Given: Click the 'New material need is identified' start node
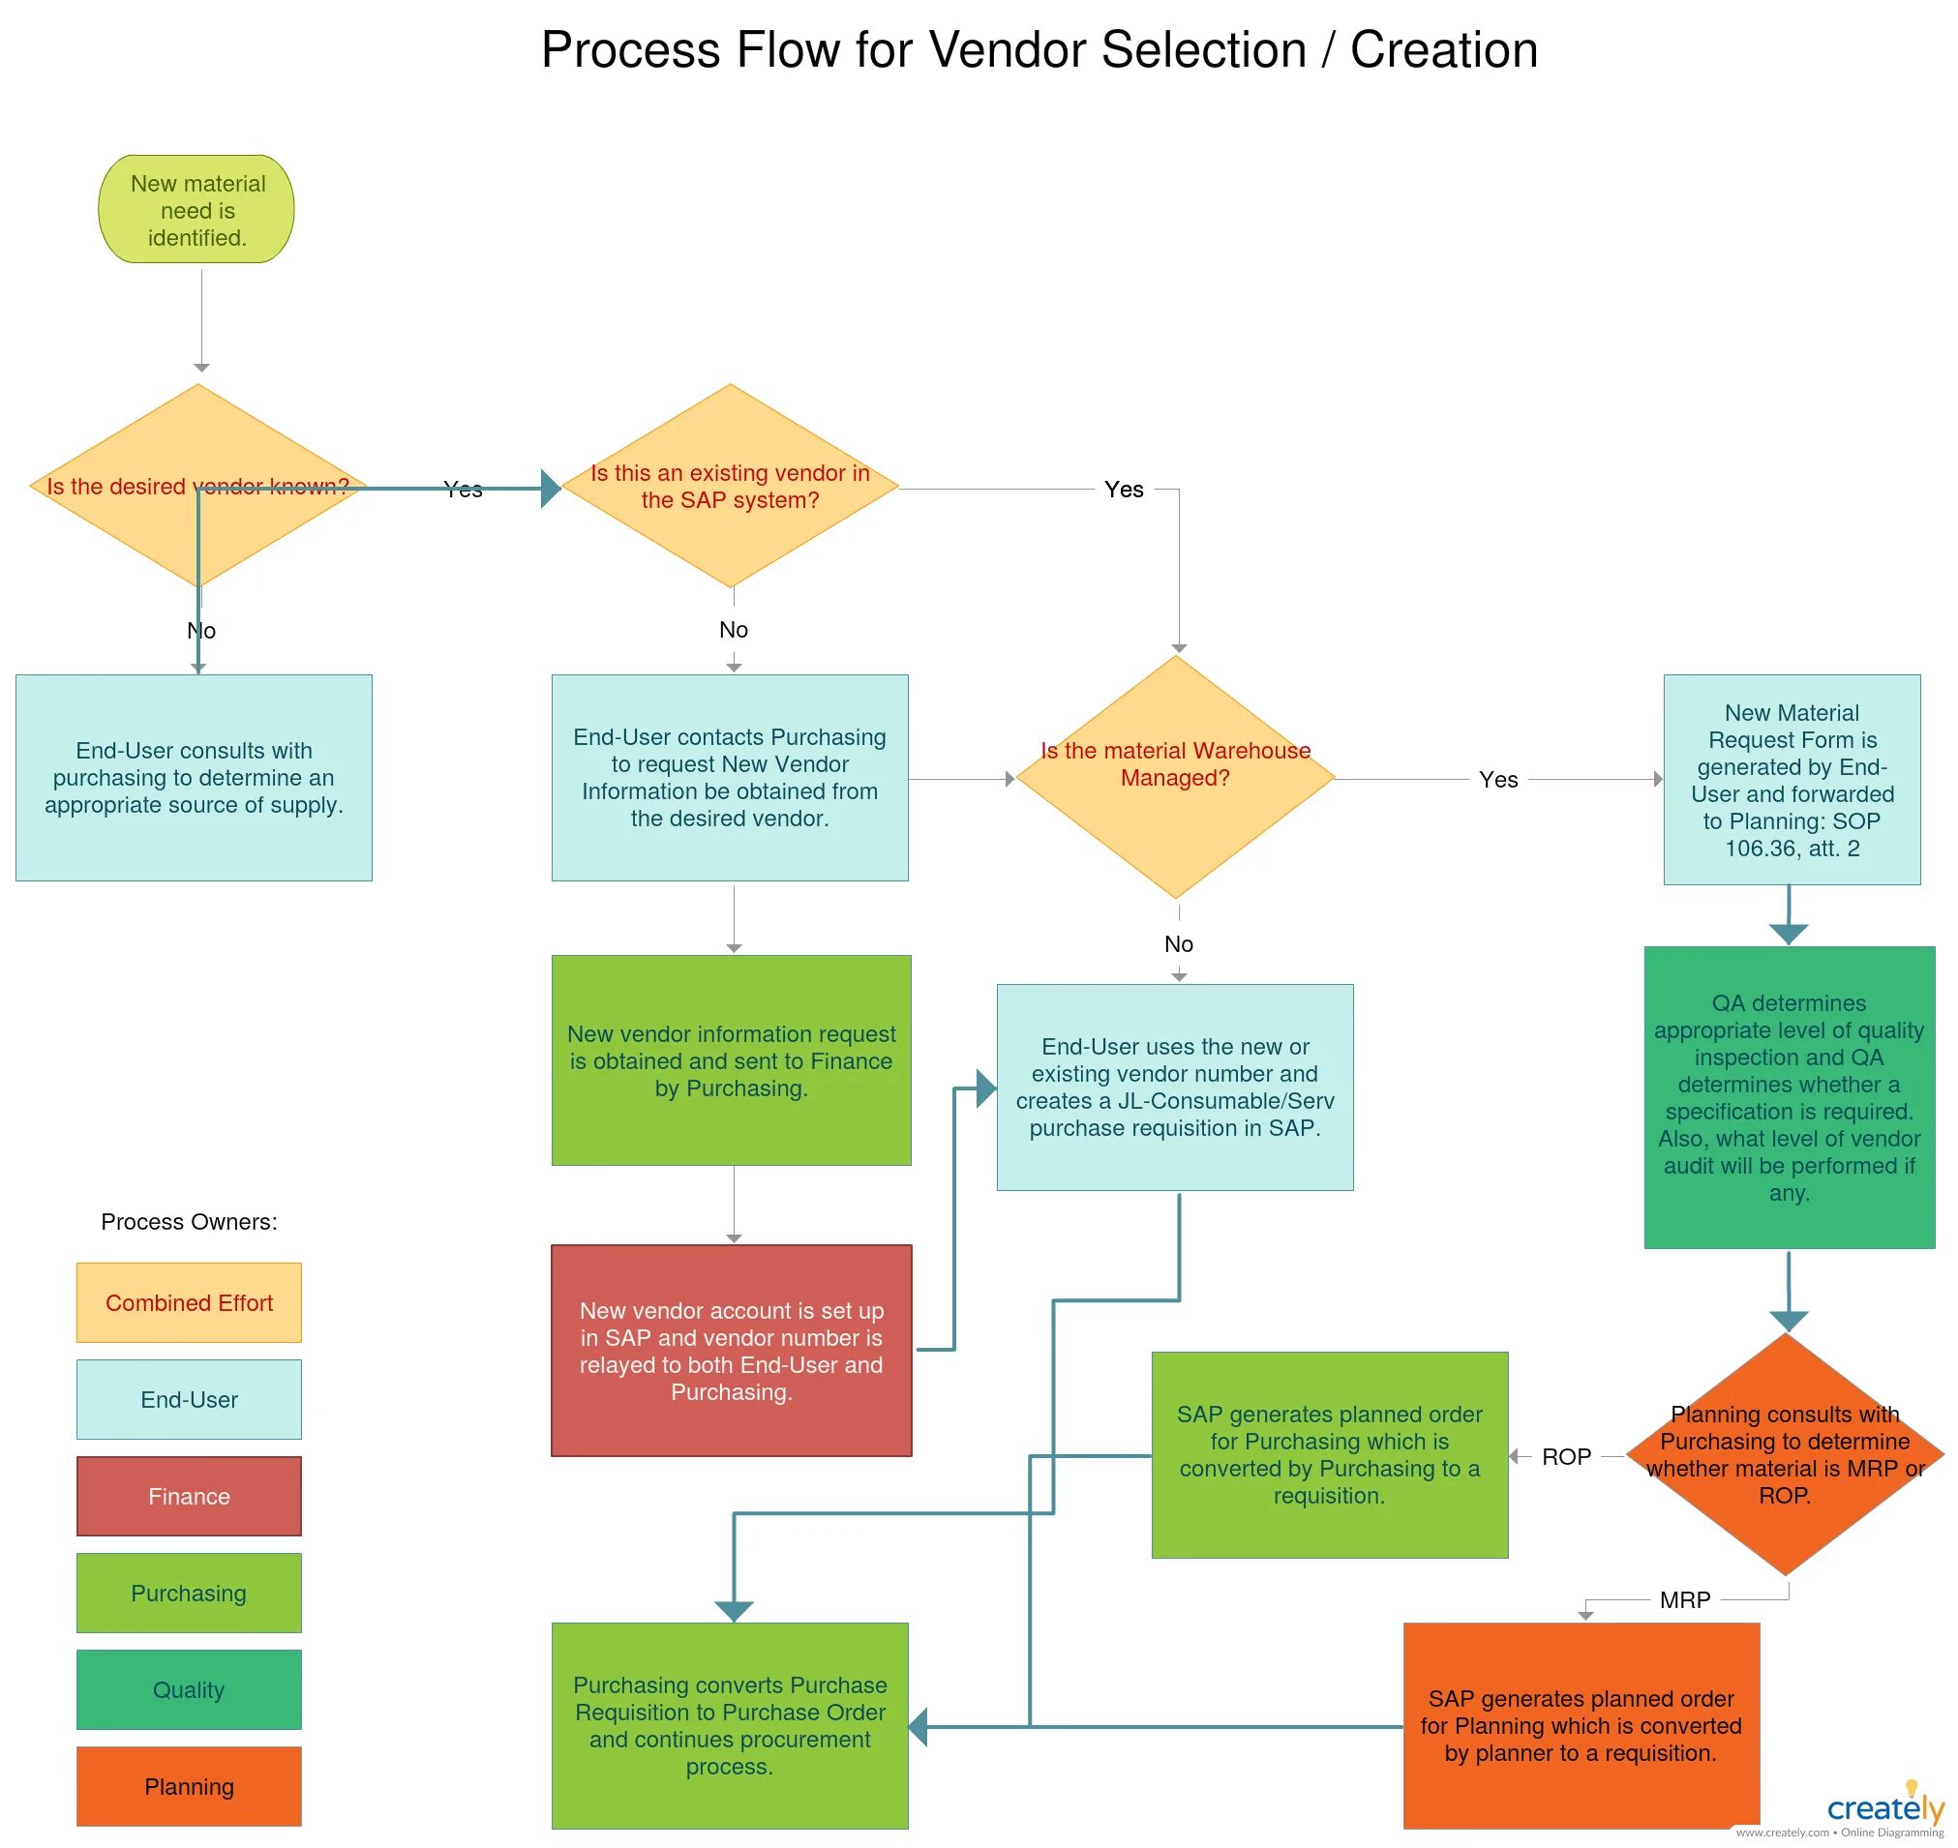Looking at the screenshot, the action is pos(196,209).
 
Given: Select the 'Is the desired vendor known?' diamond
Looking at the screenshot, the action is pos(198,486).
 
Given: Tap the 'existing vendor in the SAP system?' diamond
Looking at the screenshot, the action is pos(730,486).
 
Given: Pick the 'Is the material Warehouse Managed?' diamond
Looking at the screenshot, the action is pos(1176,777).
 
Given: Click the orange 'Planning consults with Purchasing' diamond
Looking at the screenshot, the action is pos(1786,1455).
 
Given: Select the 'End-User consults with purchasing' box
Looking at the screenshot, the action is pos(195,777).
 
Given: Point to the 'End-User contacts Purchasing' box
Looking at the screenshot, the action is pos(730,777).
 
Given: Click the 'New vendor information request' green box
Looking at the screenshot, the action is pos(731,1060).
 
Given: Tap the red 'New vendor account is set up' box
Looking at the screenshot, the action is pos(731,1351).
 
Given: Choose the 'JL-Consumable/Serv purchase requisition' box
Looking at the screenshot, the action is pos(1176,1088).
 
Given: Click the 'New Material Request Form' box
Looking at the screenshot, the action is pos(1792,779).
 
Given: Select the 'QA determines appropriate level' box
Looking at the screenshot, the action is pos(1790,1097).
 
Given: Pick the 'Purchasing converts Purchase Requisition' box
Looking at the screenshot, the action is pos(730,1726).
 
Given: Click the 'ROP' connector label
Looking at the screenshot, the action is pos(1567,1456).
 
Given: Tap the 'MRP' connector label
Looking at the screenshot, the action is pos(1685,1599).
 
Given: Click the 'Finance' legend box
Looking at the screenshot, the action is pos(189,1497).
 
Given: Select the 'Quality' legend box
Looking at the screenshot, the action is pos(189,1689).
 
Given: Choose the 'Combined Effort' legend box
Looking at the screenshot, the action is pos(189,1302).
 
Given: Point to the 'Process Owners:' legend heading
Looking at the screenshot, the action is pos(189,1221).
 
